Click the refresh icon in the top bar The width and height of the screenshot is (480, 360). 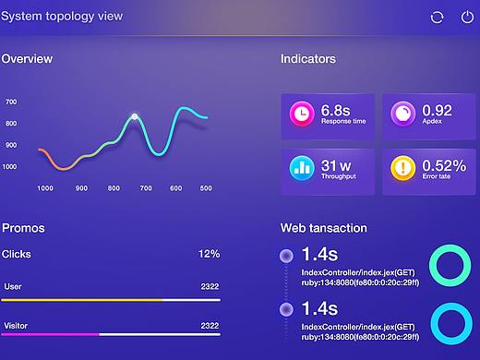pos(438,18)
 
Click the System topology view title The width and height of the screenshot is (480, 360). pos(61,16)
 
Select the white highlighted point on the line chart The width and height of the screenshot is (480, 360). pos(135,116)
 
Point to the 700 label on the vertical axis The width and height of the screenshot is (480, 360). pos(11,102)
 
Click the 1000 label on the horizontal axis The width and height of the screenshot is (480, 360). pos(44,188)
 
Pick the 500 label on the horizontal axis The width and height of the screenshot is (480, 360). pos(205,188)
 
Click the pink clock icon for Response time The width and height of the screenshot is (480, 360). pos(301,114)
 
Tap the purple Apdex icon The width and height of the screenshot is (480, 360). pos(403,114)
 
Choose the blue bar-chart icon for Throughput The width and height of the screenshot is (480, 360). pos(301,168)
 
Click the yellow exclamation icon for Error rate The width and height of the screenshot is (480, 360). pos(403,168)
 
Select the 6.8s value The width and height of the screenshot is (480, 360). pos(337,110)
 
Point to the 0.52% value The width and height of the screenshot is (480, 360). pos(444,164)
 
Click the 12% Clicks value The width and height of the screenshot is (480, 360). pos(209,253)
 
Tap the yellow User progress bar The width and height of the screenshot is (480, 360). pos(83,300)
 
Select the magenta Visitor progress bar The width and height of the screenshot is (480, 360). pos(51,333)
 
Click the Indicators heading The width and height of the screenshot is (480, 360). pos(308,59)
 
